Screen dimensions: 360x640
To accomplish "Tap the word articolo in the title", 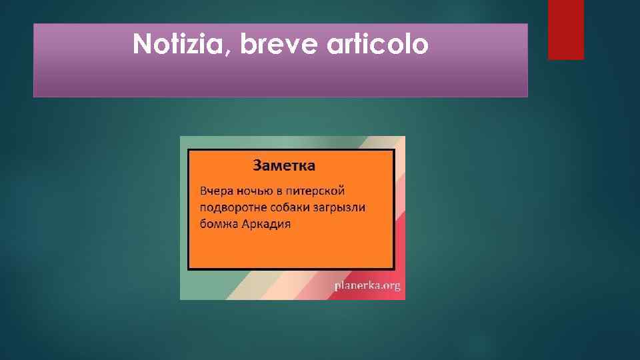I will (377, 45).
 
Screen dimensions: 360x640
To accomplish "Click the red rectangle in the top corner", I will (565, 29).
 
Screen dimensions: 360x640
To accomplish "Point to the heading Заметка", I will (284, 165).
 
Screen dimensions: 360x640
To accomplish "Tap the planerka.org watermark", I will (367, 286).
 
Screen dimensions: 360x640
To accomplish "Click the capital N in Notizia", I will (141, 45).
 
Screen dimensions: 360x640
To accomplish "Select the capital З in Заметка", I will (257, 165).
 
